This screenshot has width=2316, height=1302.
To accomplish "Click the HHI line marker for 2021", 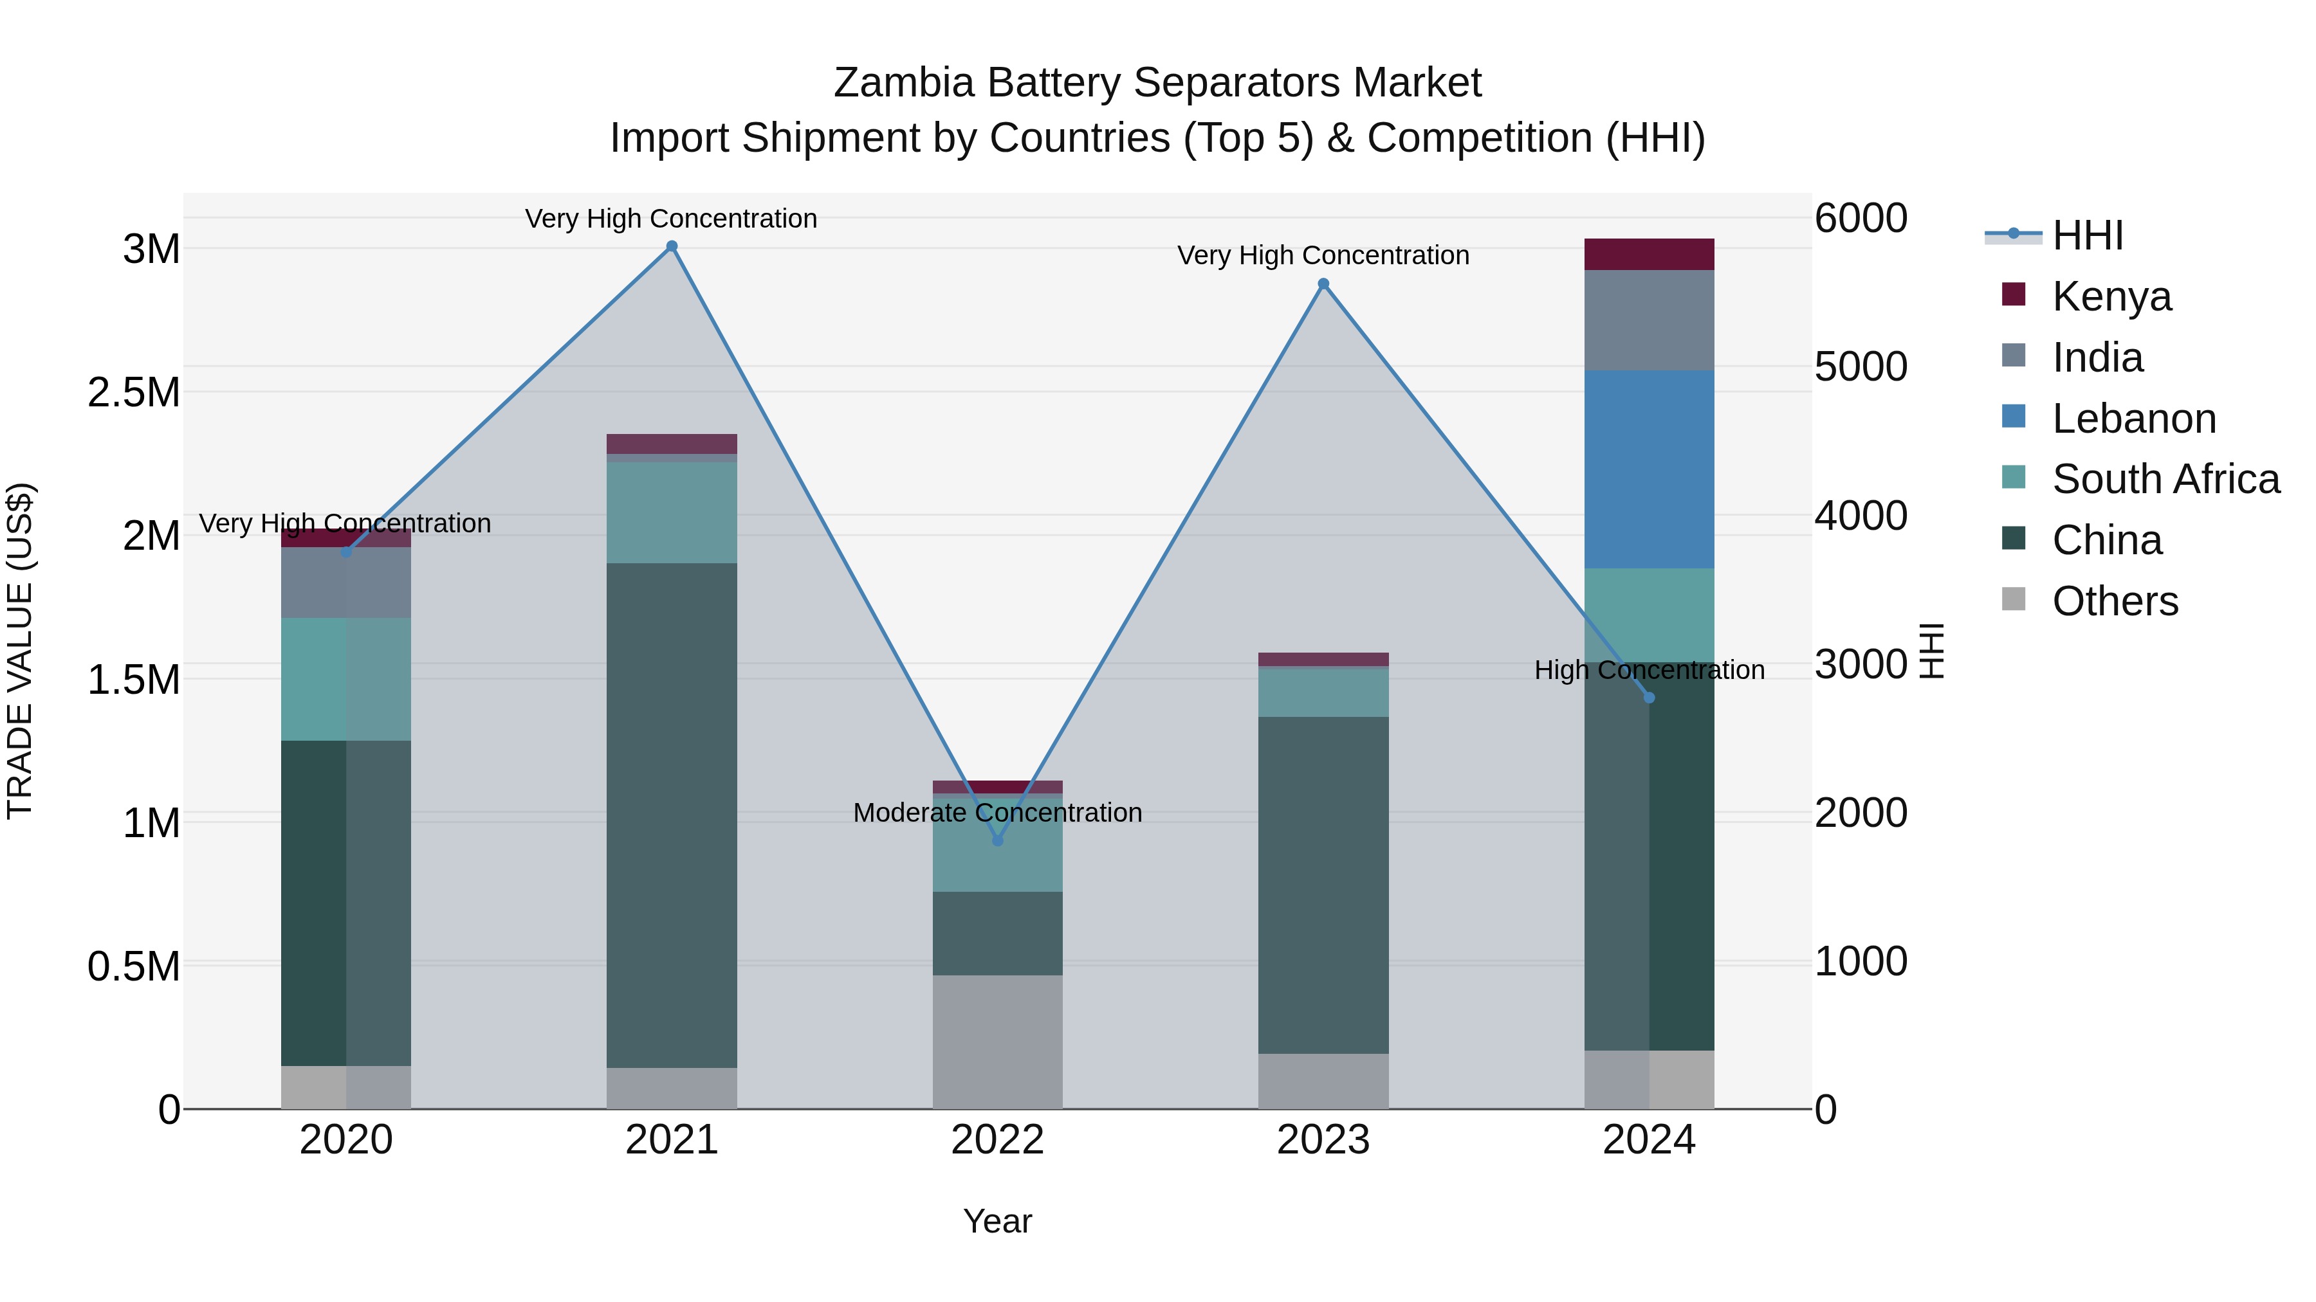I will (672, 246).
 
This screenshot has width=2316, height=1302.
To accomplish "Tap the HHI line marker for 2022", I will (997, 840).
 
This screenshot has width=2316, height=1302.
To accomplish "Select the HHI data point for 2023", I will (1323, 284).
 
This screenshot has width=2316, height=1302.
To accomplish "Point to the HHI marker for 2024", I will (1649, 697).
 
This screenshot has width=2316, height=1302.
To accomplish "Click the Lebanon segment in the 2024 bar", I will (1649, 469).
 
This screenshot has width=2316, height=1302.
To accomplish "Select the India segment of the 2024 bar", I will (1649, 320).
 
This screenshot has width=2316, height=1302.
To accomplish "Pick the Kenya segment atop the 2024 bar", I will (1649, 254).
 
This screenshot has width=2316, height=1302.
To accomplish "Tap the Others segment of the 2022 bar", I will (997, 1042).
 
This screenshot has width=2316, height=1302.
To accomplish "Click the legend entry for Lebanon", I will (2133, 419).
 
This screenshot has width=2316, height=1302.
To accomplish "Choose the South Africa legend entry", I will (2165, 479).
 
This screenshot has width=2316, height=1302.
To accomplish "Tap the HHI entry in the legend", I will (2087, 235).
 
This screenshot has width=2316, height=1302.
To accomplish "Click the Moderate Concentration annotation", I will (997, 812).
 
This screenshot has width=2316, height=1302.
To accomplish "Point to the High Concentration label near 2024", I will (1649, 671).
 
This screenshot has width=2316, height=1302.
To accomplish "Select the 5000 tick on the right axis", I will (1860, 366).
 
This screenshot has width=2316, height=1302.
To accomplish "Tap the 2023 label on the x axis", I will (1323, 1140).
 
